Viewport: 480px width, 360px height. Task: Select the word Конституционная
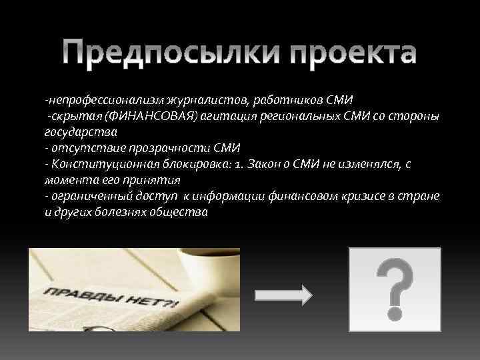(101, 164)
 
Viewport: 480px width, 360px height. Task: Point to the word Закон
(261, 164)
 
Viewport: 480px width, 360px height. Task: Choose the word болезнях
(127, 212)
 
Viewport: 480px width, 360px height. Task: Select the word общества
(183, 212)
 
